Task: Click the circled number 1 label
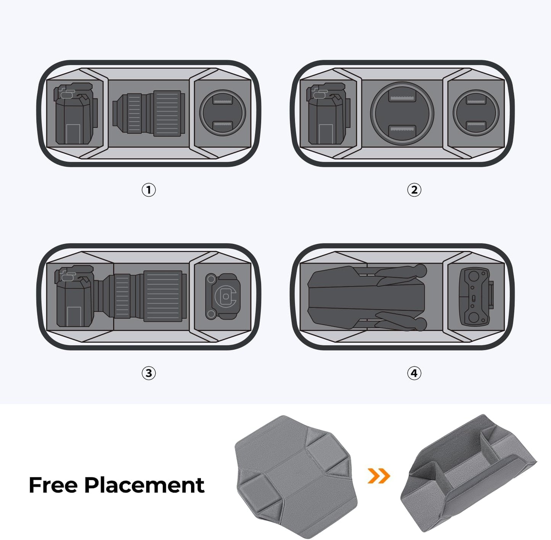pyautogui.click(x=149, y=190)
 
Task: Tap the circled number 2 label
pyautogui.click(x=414, y=190)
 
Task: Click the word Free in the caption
pyautogui.click(x=53, y=485)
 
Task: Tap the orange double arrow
pyautogui.click(x=379, y=476)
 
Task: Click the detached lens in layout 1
pyautogui.click(x=149, y=114)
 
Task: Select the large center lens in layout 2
pyautogui.click(x=402, y=113)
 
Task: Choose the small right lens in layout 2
pyautogui.click(x=476, y=113)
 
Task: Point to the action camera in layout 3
pyautogui.click(x=223, y=296)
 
